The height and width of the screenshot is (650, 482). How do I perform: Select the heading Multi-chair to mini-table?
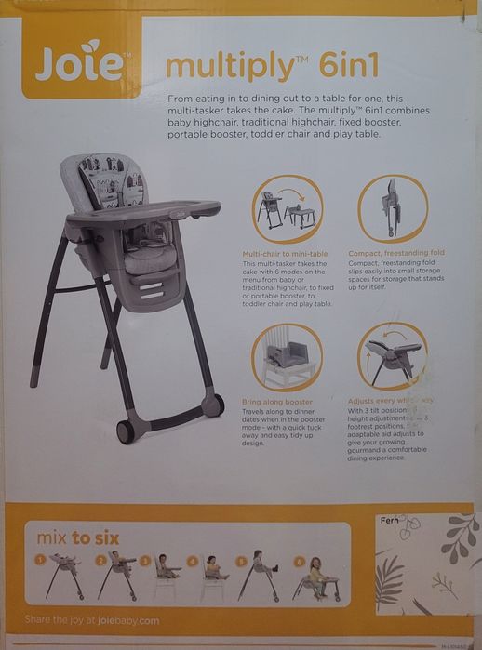pyautogui.click(x=284, y=253)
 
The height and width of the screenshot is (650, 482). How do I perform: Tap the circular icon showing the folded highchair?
pyautogui.click(x=392, y=209)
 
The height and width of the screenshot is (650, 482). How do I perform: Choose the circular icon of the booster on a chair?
pyautogui.click(x=286, y=357)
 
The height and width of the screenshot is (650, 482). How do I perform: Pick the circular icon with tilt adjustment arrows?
pyautogui.click(x=392, y=356)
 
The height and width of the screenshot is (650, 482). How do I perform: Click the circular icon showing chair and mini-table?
pyautogui.click(x=287, y=209)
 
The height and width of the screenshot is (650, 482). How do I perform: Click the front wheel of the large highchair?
pyautogui.click(x=125, y=431)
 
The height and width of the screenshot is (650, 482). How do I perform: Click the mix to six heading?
pyautogui.click(x=78, y=537)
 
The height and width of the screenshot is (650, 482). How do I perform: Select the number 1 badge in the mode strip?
pyautogui.click(x=41, y=560)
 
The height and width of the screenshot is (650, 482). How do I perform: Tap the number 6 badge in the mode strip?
pyautogui.click(x=300, y=561)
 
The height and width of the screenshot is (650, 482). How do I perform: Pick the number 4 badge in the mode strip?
pyautogui.click(x=192, y=561)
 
